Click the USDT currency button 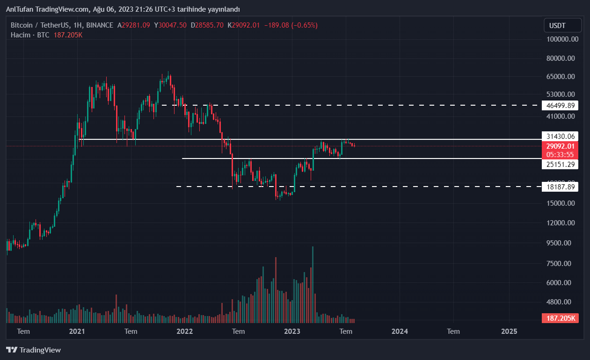[x=562, y=25]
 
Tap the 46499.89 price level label [x=560, y=105]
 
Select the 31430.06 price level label [x=560, y=136]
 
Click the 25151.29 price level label [x=560, y=164]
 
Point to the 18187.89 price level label [x=560, y=187]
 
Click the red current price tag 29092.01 [x=560, y=146]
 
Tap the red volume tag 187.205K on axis [x=560, y=318]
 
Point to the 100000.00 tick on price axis [x=562, y=39]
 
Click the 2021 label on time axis [x=77, y=331]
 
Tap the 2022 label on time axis [x=185, y=331]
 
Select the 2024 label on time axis [x=400, y=331]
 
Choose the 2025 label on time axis [x=509, y=331]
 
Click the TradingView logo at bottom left [x=33, y=350]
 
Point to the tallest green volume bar [x=313, y=284]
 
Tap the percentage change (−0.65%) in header [x=304, y=25]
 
